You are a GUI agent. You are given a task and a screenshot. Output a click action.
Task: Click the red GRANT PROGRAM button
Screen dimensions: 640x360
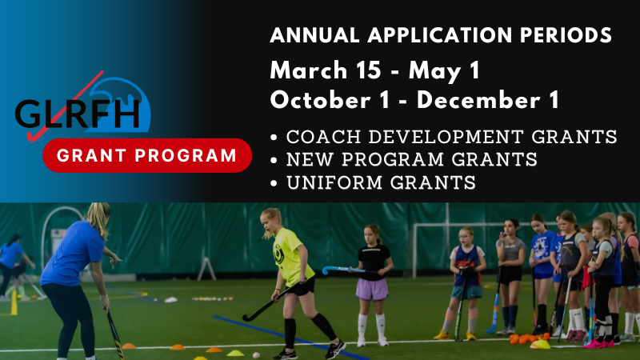point(147,155)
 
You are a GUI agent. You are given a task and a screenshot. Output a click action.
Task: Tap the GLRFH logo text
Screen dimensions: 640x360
point(78,114)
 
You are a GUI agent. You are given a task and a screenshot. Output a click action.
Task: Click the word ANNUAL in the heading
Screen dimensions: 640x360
point(314,34)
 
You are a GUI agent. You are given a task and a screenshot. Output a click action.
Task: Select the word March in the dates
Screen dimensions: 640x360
point(309,70)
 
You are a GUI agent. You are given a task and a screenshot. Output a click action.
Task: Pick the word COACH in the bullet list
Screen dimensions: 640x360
point(324,137)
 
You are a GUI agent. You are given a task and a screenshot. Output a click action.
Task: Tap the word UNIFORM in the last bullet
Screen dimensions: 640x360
point(334,182)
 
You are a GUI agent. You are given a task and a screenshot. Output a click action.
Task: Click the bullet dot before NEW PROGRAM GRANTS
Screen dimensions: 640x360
point(274,161)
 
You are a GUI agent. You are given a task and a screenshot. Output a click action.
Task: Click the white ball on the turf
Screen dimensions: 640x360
point(256,355)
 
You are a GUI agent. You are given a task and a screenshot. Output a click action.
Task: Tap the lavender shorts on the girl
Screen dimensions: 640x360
point(371,290)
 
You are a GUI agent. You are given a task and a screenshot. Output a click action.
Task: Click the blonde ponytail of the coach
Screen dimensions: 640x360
point(99,219)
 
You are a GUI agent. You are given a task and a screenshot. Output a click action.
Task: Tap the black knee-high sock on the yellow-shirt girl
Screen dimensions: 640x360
point(290,333)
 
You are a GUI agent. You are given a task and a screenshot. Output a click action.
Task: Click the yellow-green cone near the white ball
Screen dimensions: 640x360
point(235,353)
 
